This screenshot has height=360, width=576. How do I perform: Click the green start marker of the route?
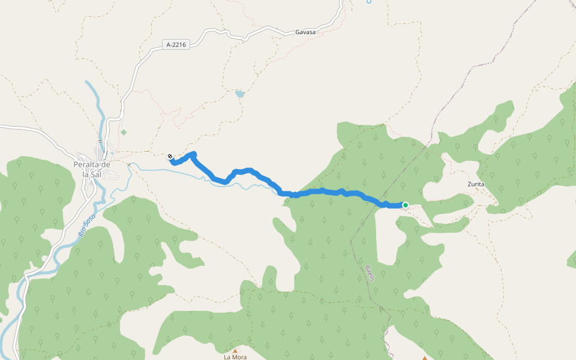pyautogui.click(x=406, y=205)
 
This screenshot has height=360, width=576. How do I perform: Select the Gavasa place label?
pyautogui.click(x=305, y=32)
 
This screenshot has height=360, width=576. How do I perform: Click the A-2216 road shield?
pyautogui.click(x=176, y=44)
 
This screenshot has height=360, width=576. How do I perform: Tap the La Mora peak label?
pyautogui.click(x=235, y=357)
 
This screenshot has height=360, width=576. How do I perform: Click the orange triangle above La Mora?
pyautogui.click(x=235, y=350)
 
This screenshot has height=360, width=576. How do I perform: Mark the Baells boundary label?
pyautogui.click(x=370, y=274)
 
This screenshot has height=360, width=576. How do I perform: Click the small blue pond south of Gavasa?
pyautogui.click(x=240, y=94)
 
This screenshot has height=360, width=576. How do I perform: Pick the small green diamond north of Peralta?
pyautogui.click(x=124, y=132)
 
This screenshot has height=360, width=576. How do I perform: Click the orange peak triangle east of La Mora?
pyautogui.click(x=425, y=358)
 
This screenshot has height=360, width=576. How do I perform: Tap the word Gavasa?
pyautogui.click(x=305, y=32)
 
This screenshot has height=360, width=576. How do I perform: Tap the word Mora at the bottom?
pyautogui.click(x=240, y=357)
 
